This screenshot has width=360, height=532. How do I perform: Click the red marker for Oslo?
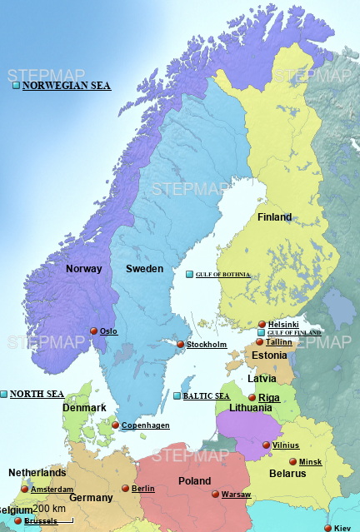pyautogui.click(x=94, y=331)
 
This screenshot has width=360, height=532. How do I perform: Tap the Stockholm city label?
pyautogui.click(x=207, y=345)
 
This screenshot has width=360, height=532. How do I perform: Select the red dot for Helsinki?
pyautogui.click(x=262, y=324)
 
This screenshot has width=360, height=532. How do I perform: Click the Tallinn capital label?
pyautogui.click(x=278, y=342)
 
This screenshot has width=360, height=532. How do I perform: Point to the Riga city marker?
pyautogui.click(x=252, y=398)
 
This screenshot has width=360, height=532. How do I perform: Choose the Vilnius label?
pyautogui.click(x=285, y=445)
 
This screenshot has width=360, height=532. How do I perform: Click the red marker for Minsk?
pyautogui.click(x=292, y=462)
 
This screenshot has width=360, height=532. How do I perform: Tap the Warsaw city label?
pyautogui.click(x=236, y=495)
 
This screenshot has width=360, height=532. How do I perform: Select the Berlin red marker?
pyautogui.click(x=126, y=489)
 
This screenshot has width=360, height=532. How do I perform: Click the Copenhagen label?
pyautogui.click(x=146, y=425)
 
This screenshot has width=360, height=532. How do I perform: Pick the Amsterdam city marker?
pyautogui.click(x=25, y=490)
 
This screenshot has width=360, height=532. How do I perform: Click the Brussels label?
pyautogui.click(x=42, y=521)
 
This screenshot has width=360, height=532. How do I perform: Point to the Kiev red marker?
pyautogui.click(x=327, y=528)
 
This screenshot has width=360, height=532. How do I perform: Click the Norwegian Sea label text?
pyautogui.click(x=66, y=86)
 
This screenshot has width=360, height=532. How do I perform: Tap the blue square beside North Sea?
pyautogui.click(x=4, y=394)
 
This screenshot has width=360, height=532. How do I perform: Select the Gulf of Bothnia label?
pyautogui.click(x=222, y=275)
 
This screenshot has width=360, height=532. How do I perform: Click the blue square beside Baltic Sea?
pyautogui.click(x=177, y=396)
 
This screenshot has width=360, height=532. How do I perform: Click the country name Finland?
pyautogui.click(x=274, y=217)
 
